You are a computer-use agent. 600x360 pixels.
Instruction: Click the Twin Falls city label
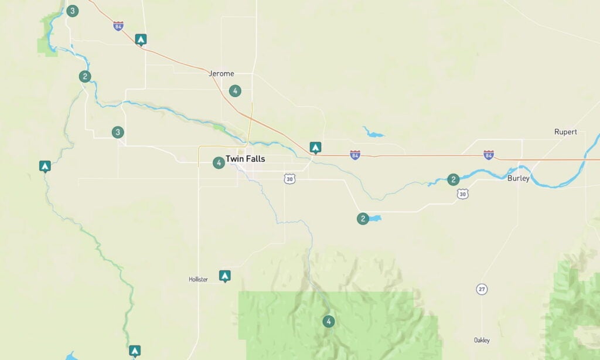pyautogui.click(x=245, y=159)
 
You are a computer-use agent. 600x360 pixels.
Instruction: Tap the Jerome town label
pyautogui.click(x=221, y=74)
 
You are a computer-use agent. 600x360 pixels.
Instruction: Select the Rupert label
pyautogui.click(x=565, y=132)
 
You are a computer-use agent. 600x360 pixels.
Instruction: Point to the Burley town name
pyautogui.click(x=518, y=178)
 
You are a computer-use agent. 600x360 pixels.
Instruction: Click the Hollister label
pyautogui.click(x=199, y=280)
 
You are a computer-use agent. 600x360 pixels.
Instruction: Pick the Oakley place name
pyautogui.click(x=482, y=340)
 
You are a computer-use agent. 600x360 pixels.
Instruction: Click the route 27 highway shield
pyautogui.click(x=482, y=289)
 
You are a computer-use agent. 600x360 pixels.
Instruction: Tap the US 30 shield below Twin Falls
pyautogui.click(x=289, y=179)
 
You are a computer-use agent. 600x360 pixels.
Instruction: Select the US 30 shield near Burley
pyautogui.click(x=463, y=193)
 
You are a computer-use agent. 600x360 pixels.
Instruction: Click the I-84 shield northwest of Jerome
pyautogui.click(x=118, y=26)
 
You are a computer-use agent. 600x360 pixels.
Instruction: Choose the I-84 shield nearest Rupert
pyautogui.click(x=489, y=155)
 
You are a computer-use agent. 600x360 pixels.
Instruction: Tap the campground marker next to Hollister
pyautogui.click(x=224, y=276)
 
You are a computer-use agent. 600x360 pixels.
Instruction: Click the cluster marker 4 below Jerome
pyautogui.click(x=235, y=91)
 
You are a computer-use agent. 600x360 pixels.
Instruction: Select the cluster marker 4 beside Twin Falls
pyautogui.click(x=219, y=162)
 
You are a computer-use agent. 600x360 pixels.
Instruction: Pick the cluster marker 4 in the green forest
pyautogui.click(x=329, y=321)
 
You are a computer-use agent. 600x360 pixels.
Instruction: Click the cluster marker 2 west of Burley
pyautogui.click(x=453, y=179)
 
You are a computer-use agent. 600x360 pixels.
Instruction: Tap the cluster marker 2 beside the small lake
pyautogui.click(x=363, y=219)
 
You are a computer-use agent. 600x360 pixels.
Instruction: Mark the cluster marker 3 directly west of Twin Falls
pyautogui.click(x=118, y=133)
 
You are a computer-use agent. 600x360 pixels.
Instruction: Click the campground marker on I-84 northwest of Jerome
pyautogui.click(x=141, y=39)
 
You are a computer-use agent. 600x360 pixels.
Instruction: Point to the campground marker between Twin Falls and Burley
pyautogui.click(x=315, y=147)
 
